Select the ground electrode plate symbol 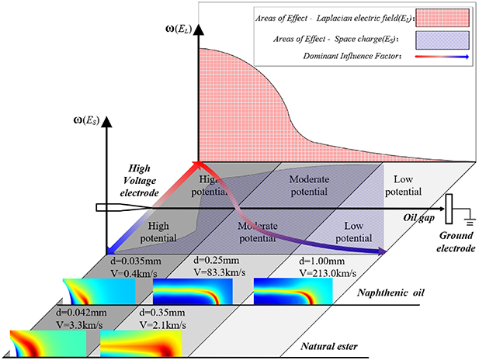pyautogui.click(x=449, y=210)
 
